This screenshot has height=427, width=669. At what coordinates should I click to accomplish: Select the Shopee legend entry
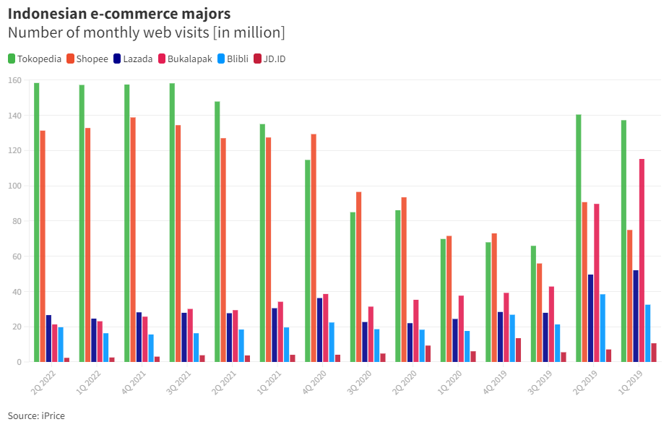click(87, 59)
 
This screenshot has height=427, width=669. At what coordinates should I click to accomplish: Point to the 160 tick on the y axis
click(14, 80)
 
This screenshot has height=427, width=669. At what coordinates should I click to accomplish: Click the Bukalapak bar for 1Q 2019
click(642, 260)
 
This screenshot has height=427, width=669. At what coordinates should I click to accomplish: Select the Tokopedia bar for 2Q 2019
click(579, 238)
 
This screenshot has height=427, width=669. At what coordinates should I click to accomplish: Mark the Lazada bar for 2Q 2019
click(591, 318)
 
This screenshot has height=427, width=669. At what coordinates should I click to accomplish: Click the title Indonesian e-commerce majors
click(119, 14)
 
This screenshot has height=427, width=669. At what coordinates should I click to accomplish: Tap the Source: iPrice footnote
click(36, 415)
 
